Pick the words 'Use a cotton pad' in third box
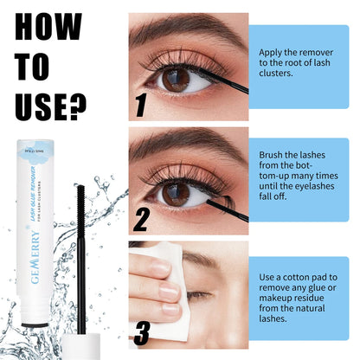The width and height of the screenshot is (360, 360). tap(299, 276)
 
